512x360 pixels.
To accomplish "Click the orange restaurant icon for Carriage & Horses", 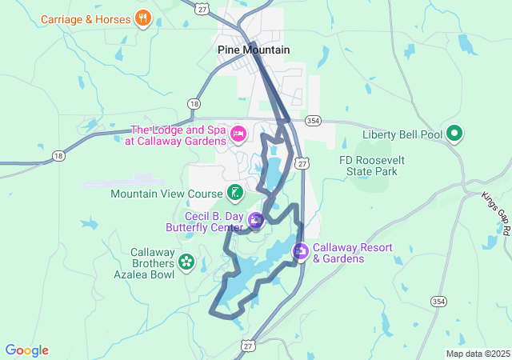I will [143, 18].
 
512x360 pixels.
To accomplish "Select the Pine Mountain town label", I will [254, 50].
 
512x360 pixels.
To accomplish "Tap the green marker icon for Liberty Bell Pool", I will [454, 134].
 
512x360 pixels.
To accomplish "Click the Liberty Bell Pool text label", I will [402, 134].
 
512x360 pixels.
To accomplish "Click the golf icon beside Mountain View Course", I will [234, 192].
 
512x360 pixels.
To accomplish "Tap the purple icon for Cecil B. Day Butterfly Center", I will [256, 221].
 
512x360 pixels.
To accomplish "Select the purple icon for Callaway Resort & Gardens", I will [301, 253].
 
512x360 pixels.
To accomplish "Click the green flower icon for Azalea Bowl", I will [186, 262].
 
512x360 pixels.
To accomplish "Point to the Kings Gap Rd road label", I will [495, 212].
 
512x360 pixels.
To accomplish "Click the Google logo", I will [26, 350].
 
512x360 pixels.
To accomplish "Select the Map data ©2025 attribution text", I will [477, 354].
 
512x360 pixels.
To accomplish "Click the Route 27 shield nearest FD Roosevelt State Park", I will [301, 162].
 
